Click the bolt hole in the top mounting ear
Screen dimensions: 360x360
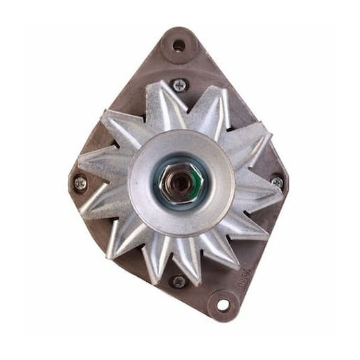(x=179, y=46)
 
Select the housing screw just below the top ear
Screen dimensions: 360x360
(x=179, y=85)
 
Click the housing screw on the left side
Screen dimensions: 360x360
(x=80, y=183)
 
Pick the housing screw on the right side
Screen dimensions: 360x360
(x=277, y=182)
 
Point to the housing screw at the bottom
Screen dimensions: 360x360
(x=179, y=281)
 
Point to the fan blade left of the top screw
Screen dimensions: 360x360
(x=156, y=104)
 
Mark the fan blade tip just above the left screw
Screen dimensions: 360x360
(x=90, y=163)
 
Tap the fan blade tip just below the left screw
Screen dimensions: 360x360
(x=93, y=208)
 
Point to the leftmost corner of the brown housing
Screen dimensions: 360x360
(x=71, y=181)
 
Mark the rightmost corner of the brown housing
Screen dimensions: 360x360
(x=287, y=181)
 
